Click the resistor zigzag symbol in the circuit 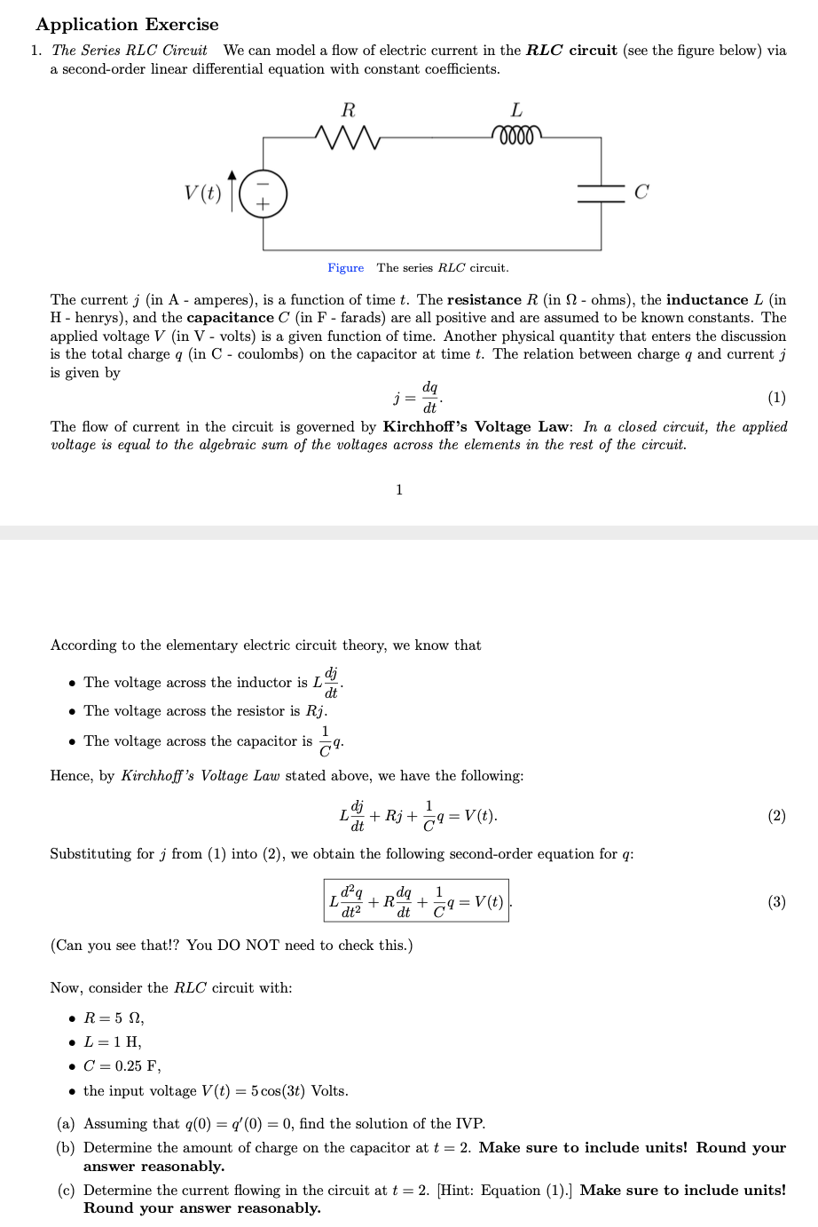point(348,138)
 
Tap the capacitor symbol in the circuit point(601,193)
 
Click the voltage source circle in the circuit point(263,193)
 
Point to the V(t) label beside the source point(202,193)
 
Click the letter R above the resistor point(348,110)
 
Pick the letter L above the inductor point(516,110)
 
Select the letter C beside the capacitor point(641,192)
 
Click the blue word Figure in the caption point(345,267)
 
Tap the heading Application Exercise point(127,24)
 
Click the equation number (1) point(775,397)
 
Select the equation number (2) point(775,815)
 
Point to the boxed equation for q point(416,900)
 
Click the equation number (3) point(775,901)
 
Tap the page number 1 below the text point(399,489)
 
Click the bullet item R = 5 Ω point(114,1017)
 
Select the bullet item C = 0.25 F point(122,1065)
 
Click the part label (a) point(67,1123)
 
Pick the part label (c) point(67,1190)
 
